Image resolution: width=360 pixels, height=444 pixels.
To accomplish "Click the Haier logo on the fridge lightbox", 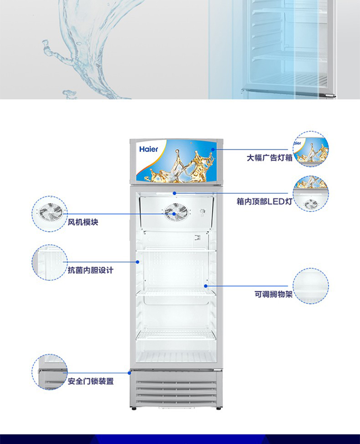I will coord(149,149).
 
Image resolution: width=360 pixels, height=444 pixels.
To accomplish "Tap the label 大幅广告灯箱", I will coord(269,158).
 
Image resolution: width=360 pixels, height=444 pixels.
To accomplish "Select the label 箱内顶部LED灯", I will coord(264,202).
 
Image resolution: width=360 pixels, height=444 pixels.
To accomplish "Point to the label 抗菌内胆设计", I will coord(91,270).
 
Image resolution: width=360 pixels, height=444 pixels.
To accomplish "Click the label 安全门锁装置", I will coord(91,382).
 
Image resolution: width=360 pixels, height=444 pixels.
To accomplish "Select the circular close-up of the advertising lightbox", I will coord(311,149).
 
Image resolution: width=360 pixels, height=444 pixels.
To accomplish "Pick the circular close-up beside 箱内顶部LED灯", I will coord(311,194).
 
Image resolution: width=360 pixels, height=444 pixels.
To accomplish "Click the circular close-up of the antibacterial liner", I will coord(50,262).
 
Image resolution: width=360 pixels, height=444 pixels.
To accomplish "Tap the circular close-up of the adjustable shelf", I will coord(311,286).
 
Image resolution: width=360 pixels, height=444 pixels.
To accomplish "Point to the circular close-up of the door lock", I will coord(50,372).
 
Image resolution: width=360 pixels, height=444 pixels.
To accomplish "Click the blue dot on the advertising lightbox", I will coord(212,149).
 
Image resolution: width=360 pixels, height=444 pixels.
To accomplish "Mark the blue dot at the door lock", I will coord(130,372).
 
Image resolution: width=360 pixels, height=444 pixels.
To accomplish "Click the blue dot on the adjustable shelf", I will coord(206,286).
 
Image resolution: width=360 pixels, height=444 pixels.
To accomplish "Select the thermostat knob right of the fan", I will coord(202,211).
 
